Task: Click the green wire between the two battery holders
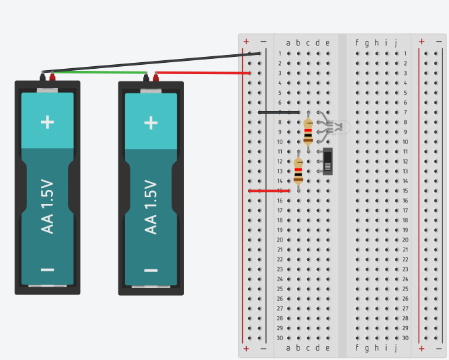point(99,72)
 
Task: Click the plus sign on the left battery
point(47,122)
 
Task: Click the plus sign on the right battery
point(151,122)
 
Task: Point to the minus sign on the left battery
point(47,269)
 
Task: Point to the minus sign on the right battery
point(151,270)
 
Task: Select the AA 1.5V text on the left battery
point(48,206)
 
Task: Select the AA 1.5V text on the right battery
point(151,206)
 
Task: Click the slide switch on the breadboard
point(328,161)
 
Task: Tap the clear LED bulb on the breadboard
point(340,127)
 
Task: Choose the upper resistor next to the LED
point(308,131)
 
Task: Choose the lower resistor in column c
point(298,170)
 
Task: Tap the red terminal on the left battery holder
point(52,77)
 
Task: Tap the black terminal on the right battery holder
point(145,77)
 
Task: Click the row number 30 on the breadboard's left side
point(280,337)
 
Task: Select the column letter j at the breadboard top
point(395,43)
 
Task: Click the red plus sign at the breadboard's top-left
point(246,41)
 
